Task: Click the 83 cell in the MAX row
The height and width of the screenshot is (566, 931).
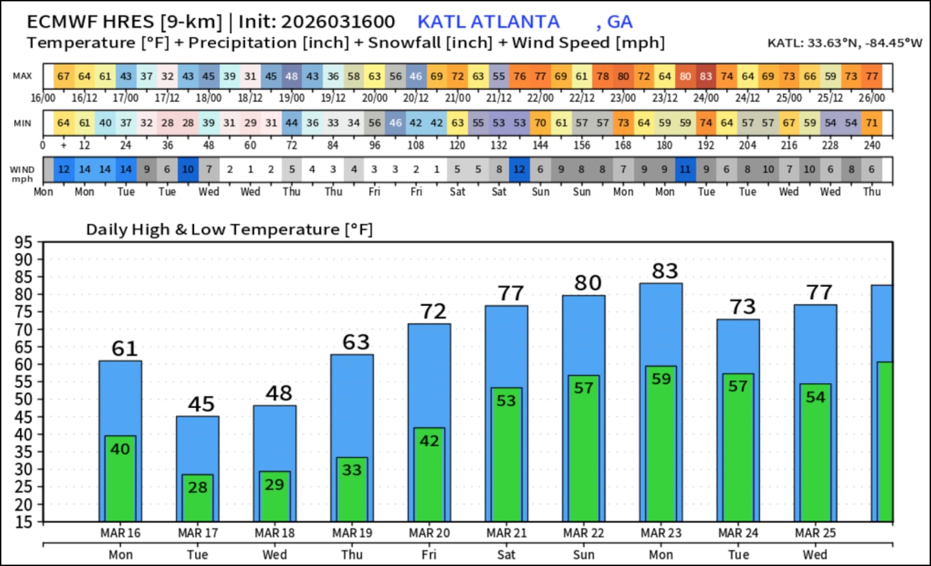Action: pyautogui.click(x=706, y=76)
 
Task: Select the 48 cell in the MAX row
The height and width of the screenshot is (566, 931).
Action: pyautogui.click(x=292, y=76)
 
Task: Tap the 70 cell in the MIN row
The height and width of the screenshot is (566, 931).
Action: pyautogui.click(x=540, y=123)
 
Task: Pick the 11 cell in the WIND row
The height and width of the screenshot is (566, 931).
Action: pyautogui.click(x=685, y=169)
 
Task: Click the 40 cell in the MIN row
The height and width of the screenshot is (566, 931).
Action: pyautogui.click(x=105, y=123)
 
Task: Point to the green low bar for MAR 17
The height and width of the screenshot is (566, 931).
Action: pyautogui.click(x=197, y=498)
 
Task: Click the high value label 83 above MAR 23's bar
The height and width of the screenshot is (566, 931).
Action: pyautogui.click(x=665, y=271)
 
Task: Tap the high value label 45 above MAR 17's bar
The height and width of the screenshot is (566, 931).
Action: pyautogui.click(x=201, y=404)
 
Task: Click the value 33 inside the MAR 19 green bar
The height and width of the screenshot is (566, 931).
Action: pyautogui.click(x=352, y=470)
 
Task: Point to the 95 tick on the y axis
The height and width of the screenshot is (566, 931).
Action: pyautogui.click(x=23, y=242)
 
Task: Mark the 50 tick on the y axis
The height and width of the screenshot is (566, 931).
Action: pyautogui.click(x=23, y=399)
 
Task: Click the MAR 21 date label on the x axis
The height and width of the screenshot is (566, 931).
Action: pyautogui.click(x=506, y=533)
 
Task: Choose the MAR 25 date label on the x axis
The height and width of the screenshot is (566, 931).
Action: pyautogui.click(x=815, y=533)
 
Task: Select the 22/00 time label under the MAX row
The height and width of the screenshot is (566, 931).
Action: pyautogui.click(x=540, y=98)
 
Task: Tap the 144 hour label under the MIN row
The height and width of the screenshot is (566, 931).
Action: pyautogui.click(x=540, y=145)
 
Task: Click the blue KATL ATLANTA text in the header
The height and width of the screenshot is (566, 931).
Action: pyautogui.click(x=488, y=22)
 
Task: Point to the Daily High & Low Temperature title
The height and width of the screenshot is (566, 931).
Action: pyautogui.click(x=230, y=229)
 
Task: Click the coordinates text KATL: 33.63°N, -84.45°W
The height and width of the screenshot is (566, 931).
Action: pyautogui.click(x=844, y=43)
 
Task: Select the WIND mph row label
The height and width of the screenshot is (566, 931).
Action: pyautogui.click(x=22, y=173)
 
